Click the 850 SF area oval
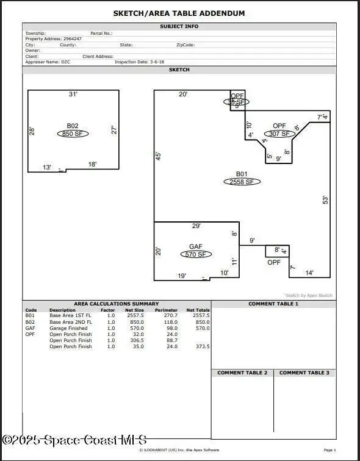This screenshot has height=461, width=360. [x=73, y=134]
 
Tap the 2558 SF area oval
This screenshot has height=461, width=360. [x=242, y=182]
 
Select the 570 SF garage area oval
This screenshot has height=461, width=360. [x=195, y=254]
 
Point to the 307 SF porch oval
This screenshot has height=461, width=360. [x=279, y=134]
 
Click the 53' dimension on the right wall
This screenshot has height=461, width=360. [x=325, y=199]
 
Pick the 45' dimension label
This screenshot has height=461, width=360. [x=158, y=155]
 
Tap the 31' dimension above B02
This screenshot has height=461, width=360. [x=73, y=95]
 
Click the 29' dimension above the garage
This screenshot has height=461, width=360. [x=196, y=226]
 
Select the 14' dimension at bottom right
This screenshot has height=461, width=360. [x=309, y=273]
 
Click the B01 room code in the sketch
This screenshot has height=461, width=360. [x=242, y=174]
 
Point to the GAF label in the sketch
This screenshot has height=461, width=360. [x=195, y=247]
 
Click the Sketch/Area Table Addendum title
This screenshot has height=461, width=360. [x=179, y=13]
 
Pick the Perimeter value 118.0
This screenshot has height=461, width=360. [x=170, y=322]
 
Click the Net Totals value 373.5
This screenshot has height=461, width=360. [x=201, y=346]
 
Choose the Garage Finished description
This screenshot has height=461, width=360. [x=68, y=328]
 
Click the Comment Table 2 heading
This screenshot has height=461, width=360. [x=242, y=373]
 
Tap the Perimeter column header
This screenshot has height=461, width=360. [x=166, y=310]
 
